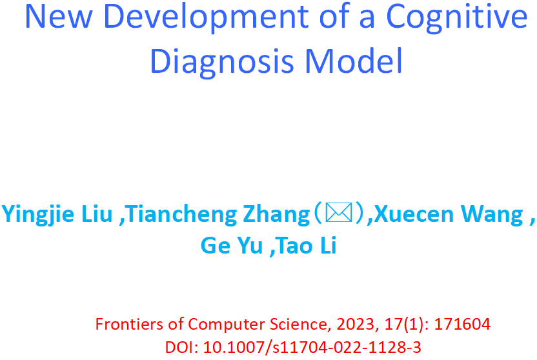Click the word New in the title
59,16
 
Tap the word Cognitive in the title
457,18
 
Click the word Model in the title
353,60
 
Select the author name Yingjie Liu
57,215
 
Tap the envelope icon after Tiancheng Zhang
339,212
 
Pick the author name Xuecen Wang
449,215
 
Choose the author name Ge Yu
232,246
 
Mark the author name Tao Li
307,245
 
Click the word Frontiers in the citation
130,324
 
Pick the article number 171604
462,324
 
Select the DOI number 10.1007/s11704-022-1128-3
312,347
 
